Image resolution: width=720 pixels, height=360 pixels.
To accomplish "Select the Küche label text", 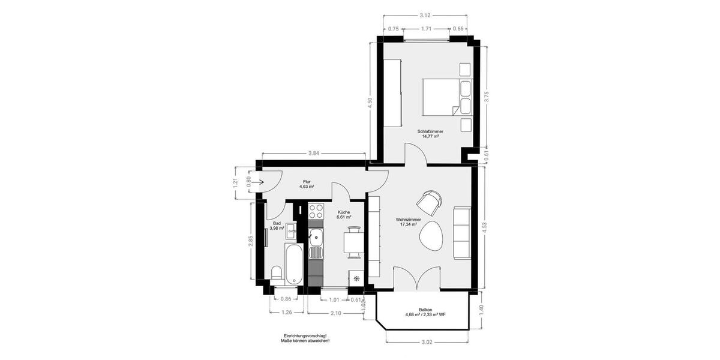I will (344, 212).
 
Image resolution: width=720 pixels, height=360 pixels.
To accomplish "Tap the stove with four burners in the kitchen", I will (316, 211).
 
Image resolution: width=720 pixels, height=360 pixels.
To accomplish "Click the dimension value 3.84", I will (313, 154).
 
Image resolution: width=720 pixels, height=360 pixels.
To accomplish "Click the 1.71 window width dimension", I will (425, 28).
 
